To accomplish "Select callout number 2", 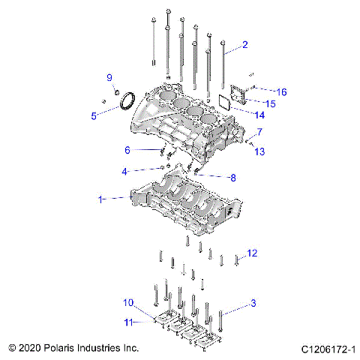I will point(244,46).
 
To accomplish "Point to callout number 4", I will point(124,172).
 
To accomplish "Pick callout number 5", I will point(94,115).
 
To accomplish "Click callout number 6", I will point(127,150).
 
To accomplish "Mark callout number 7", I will point(259,132).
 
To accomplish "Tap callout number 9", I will point(109,78).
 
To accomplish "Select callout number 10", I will point(128,303).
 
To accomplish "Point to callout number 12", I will point(253,253).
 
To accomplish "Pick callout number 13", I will point(259,151).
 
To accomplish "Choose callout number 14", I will point(259,115).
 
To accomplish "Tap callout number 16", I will point(282,91).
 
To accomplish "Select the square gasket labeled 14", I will point(224,100).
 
